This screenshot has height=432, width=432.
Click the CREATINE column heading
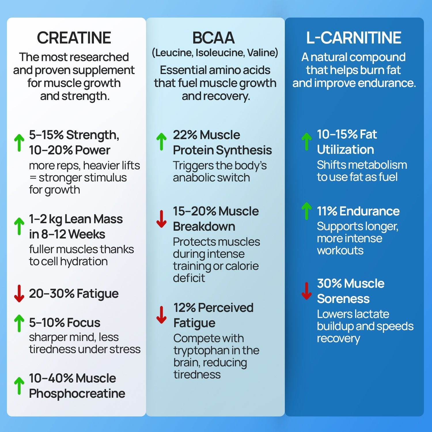click(x=74, y=38)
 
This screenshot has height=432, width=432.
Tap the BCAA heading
click(x=213, y=38)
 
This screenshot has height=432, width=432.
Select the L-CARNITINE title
click(x=354, y=38)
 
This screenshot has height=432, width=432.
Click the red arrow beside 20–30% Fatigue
click(x=19, y=293)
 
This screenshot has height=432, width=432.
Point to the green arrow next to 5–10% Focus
click(x=19, y=323)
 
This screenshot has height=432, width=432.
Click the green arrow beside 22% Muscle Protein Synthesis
click(x=162, y=142)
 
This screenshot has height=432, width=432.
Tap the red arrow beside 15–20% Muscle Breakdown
click(x=162, y=219)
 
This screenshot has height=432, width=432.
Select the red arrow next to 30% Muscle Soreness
click(x=306, y=291)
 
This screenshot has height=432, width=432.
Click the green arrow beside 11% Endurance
click(x=306, y=211)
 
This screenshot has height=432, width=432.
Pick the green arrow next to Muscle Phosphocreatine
click(x=19, y=386)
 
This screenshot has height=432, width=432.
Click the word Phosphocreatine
click(x=77, y=393)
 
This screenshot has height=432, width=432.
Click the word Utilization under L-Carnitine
click(x=345, y=149)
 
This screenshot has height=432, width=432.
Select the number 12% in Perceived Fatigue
click(x=185, y=308)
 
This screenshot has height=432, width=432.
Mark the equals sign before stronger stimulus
click(x=33, y=178)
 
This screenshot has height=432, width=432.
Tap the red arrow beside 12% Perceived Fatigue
click(x=162, y=315)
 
